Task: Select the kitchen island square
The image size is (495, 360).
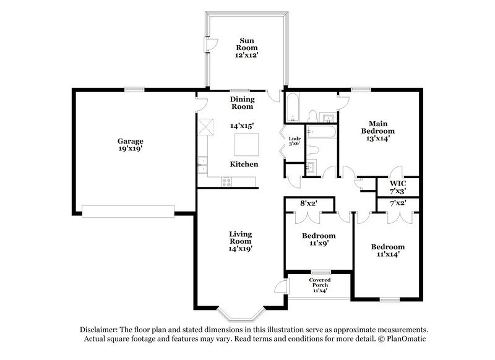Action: pos(247,145)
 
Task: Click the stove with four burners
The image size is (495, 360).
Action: pos(226,181)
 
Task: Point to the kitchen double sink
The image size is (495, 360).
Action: pos(202,166)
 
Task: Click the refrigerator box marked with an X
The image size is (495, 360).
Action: pos(207,127)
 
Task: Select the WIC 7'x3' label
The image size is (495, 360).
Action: pos(397,187)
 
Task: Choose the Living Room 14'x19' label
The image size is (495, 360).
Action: pos(240,241)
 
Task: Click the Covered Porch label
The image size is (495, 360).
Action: pos(320,285)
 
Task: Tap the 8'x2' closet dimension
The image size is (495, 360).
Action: pos(309,202)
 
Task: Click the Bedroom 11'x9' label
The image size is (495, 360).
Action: pos(319,239)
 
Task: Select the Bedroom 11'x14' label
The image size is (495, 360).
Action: pos(388,251)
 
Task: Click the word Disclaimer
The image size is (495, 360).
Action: pos(100,330)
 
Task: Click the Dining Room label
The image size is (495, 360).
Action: pos(242,103)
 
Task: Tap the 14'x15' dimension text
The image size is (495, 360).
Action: pos(242,126)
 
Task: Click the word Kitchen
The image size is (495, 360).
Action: pos(244,165)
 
